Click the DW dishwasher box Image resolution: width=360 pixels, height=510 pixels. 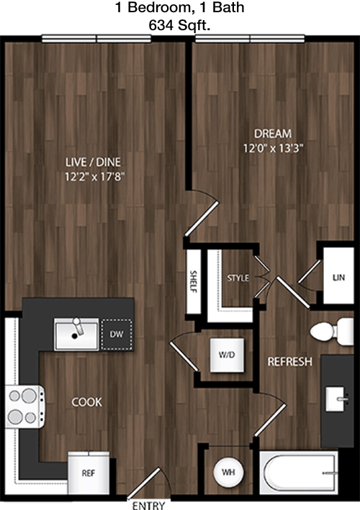click(117, 334)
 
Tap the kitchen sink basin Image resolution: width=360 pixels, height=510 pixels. click(76, 334)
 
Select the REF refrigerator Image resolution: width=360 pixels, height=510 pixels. click(89, 473)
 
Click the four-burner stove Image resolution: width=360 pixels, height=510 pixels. click(25, 406)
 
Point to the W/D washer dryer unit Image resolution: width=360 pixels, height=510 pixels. click(227, 355)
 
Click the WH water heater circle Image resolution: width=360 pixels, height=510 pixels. click(228, 473)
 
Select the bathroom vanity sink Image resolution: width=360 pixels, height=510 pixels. click(336, 399)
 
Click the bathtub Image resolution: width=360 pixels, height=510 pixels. click(299, 473)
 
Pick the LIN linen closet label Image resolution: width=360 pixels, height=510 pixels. click(339, 278)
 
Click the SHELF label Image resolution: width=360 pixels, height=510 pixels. click(194, 282)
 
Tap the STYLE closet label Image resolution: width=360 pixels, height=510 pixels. click(238, 278)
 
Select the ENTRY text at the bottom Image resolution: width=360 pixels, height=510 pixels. click(148, 506)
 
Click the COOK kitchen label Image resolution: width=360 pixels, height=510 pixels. click(86, 402)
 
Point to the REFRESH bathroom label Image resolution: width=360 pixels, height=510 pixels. click(289, 362)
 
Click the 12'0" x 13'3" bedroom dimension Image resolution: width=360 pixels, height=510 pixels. click(273, 149)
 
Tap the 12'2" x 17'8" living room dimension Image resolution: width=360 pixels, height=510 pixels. click(95, 177)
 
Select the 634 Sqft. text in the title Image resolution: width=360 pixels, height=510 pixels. click(179, 25)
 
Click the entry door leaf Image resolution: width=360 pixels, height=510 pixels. click(143, 483)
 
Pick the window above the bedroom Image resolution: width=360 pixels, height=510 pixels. click(250, 39)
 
